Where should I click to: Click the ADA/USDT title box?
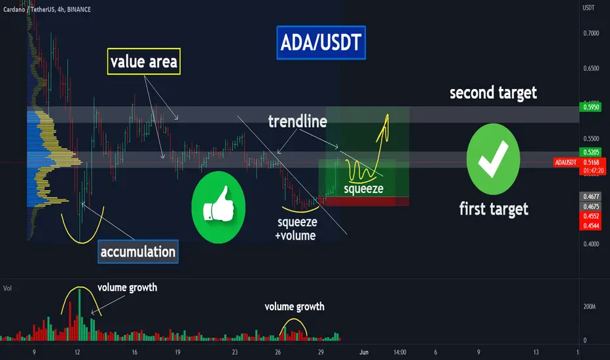(x=321, y=43)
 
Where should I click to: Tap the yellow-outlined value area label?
(x=143, y=62)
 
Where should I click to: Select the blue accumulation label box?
(x=137, y=252)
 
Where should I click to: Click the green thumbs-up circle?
(x=218, y=207)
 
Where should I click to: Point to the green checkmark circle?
(x=493, y=159)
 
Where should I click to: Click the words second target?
(x=493, y=93)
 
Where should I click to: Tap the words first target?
(x=493, y=209)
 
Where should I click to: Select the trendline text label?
(x=298, y=122)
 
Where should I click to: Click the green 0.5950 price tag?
(x=590, y=107)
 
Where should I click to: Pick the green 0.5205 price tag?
(x=590, y=152)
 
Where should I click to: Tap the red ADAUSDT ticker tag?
(x=565, y=162)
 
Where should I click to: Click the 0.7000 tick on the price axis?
(x=591, y=33)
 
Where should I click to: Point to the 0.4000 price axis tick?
(x=591, y=244)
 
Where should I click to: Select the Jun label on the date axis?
(x=364, y=352)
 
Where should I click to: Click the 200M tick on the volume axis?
(x=589, y=307)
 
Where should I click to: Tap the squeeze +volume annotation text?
(x=297, y=229)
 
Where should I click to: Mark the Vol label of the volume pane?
(x=7, y=289)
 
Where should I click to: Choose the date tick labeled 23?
(x=234, y=352)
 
